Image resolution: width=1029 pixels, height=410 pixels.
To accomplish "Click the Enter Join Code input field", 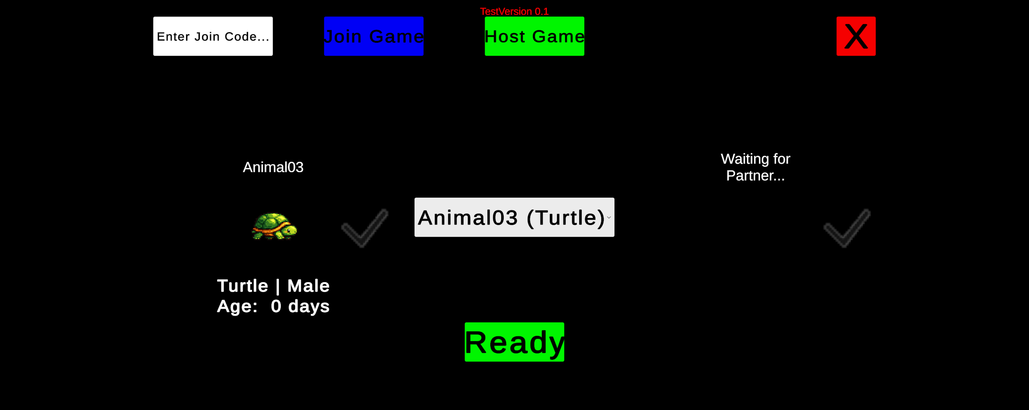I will (213, 36).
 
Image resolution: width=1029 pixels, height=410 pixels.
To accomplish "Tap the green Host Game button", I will (534, 36).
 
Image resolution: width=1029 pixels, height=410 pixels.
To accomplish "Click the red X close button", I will (856, 36).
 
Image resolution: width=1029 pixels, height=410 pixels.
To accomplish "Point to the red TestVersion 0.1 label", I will (514, 11).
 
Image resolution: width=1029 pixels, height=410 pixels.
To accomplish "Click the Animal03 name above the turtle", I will (273, 167).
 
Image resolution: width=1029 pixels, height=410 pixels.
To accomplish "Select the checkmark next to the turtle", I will (365, 228).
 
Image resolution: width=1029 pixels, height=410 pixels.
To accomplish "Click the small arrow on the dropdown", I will (609, 218).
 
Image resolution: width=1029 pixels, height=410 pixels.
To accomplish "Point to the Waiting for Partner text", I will (755, 167).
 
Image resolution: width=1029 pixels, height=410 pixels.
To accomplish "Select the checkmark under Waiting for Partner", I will (847, 228).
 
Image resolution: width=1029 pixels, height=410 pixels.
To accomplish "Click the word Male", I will (308, 286).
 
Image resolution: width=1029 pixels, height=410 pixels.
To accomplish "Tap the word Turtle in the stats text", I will (242, 286).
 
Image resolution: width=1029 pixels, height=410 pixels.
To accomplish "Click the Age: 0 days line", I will (273, 306).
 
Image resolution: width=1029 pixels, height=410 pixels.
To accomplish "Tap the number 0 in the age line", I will (276, 306).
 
